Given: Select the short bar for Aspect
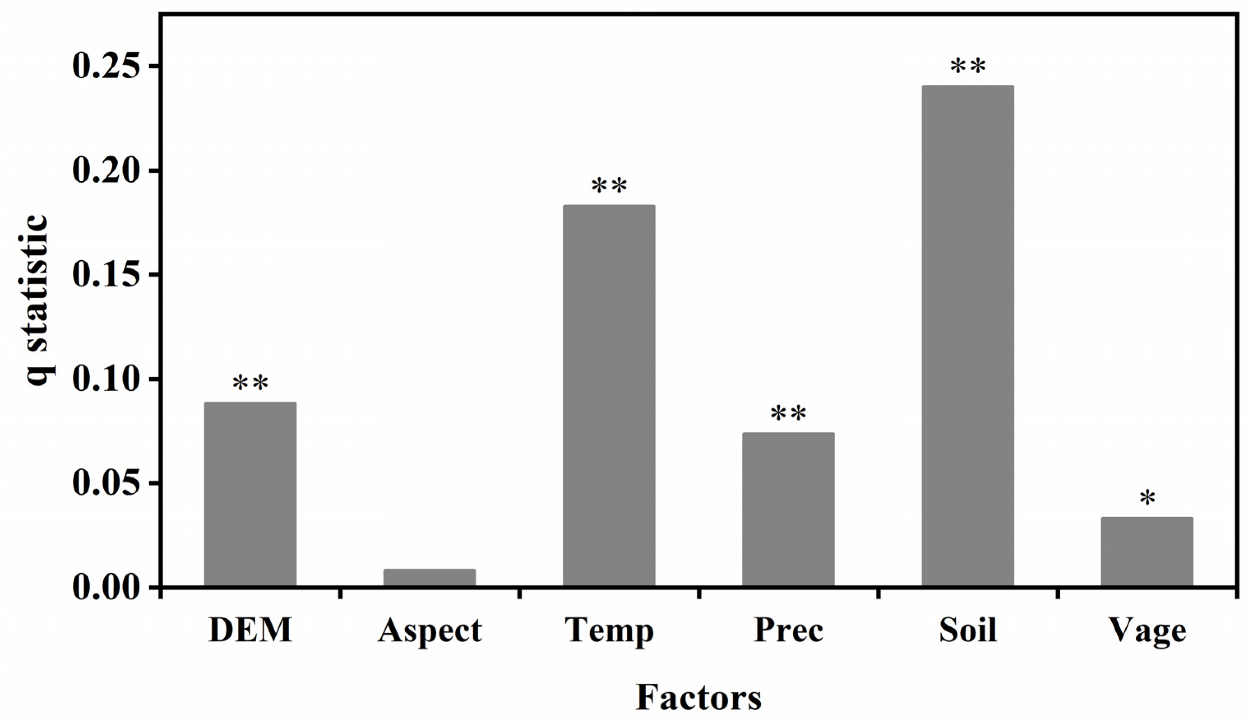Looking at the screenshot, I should [429, 577].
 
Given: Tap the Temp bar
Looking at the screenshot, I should [609, 395].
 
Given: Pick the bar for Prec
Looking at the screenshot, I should [788, 509].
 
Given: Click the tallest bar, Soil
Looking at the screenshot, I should [968, 336].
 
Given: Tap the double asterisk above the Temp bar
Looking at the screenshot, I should [609, 186].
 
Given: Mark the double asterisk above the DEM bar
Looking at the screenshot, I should [250, 383].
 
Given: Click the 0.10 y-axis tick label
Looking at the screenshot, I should [110, 379].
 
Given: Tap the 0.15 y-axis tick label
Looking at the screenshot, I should [110, 275].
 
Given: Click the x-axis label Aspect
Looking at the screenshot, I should [429, 631].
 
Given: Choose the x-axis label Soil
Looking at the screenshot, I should [968, 630].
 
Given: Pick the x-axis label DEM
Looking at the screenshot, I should [250, 630].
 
